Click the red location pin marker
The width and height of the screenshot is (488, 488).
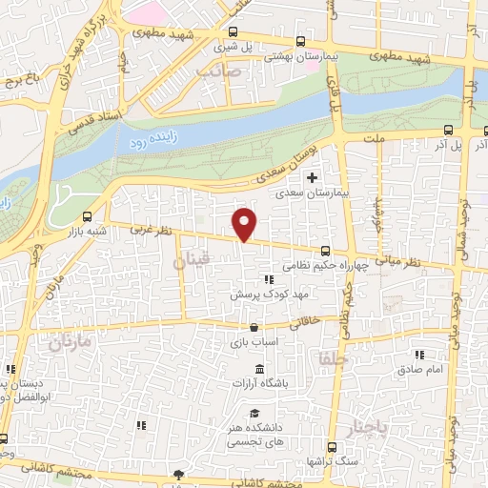coord(245,224)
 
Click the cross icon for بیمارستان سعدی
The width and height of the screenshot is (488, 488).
coord(312,177)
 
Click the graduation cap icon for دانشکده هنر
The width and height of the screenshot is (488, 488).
coord(254,413)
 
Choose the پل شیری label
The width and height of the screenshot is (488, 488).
coord(227,45)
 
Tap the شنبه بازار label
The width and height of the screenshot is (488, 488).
coord(88,232)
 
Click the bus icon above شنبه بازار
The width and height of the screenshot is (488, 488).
coord(88,216)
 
